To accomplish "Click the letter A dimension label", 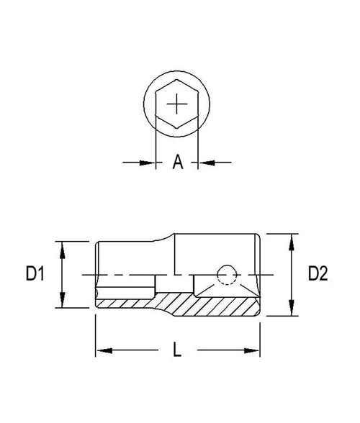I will (177, 163).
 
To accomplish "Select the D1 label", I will (36, 274).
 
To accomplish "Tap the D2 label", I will (318, 274).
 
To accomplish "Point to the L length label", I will (177, 351).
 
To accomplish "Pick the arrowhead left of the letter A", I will (150, 163).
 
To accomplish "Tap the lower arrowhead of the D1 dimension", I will (64, 303).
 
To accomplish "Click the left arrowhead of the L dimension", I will (102, 351).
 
